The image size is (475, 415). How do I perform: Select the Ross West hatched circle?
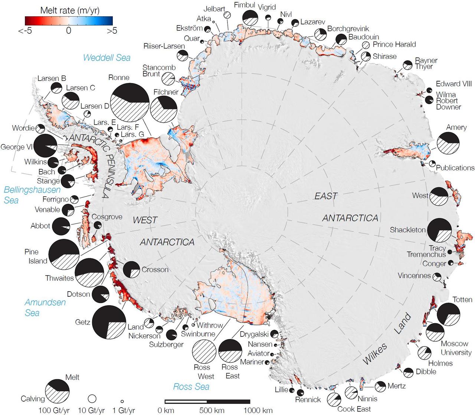point(204,351)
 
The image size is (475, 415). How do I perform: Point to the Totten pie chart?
point(449,314)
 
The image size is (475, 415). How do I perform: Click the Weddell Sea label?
point(107,57)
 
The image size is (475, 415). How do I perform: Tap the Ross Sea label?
point(191,387)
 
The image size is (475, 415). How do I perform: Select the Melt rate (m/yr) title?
point(70,10)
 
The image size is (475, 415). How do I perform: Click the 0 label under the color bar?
point(68,30)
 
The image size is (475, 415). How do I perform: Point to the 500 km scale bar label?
point(212,410)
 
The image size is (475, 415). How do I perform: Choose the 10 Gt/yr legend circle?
point(92,399)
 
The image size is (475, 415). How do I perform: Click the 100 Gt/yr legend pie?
point(57,392)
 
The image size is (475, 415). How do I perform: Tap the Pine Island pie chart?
point(64,255)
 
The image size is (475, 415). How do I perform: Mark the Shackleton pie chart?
point(440,230)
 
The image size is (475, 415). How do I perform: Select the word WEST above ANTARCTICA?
point(145,220)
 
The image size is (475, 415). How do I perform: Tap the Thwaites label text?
point(59,278)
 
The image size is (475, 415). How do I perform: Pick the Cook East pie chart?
point(334,399)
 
